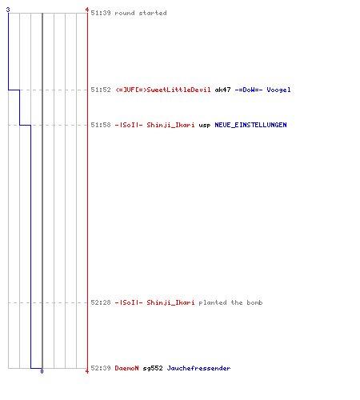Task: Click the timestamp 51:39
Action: pos(101,13)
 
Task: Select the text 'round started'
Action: pos(141,13)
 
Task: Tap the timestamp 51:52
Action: pos(101,90)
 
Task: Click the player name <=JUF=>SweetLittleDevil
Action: pos(163,90)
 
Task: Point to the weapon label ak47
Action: pos(222,90)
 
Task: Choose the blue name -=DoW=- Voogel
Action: pos(262,90)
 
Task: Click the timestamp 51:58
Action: pos(101,125)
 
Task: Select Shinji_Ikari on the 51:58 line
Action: pos(170,125)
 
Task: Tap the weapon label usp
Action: pos(205,126)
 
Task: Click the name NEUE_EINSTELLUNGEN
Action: pos(250,125)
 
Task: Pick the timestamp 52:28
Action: pos(101,302)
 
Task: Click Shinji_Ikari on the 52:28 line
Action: pos(170,302)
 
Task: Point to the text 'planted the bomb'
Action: pos(230,302)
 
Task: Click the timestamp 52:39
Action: pos(101,368)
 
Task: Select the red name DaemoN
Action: pos(126,368)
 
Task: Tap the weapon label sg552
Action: pos(153,368)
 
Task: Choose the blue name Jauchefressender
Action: pos(198,368)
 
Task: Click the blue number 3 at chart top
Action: pos(8,10)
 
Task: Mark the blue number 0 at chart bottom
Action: pos(42,371)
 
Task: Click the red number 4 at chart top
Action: pos(87,10)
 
